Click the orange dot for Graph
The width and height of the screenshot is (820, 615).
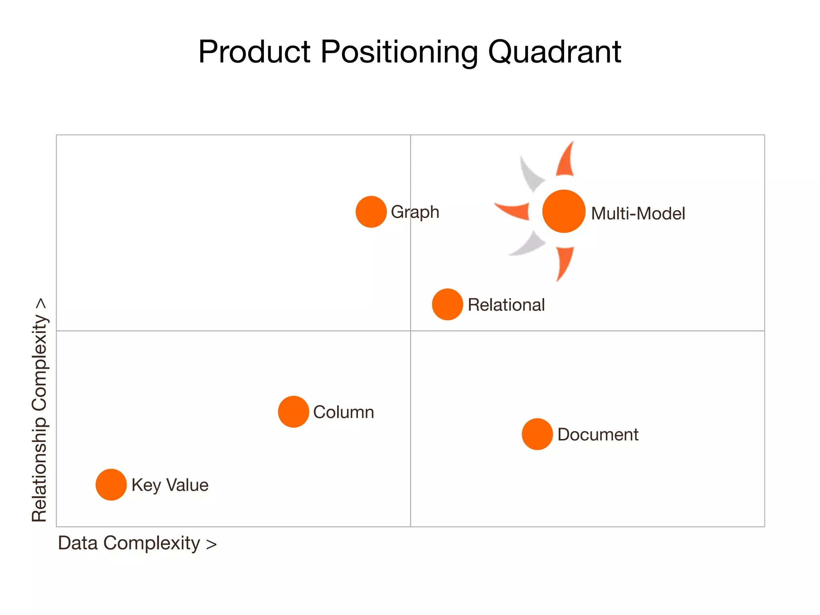(x=371, y=212)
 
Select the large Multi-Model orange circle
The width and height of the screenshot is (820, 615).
(x=564, y=211)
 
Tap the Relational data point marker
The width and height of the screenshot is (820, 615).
(x=447, y=304)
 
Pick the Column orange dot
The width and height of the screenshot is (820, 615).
(x=293, y=412)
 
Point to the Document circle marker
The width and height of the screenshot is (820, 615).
(x=537, y=434)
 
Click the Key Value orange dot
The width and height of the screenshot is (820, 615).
(x=111, y=484)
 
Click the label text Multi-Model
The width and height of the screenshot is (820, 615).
(x=638, y=213)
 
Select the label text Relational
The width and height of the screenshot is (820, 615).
(x=506, y=305)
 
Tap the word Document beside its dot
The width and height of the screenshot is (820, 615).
(x=598, y=434)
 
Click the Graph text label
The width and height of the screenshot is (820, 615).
(x=415, y=212)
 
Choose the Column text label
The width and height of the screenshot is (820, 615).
(x=344, y=412)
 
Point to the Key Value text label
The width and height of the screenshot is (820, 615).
(x=170, y=485)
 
